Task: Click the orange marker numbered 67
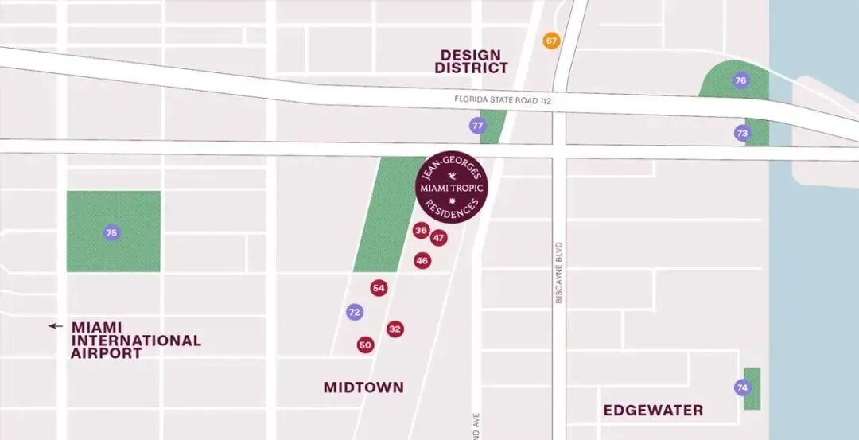coord(551,41)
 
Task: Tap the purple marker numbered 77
coord(477,126)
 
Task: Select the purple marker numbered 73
coord(742,133)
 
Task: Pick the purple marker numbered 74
coord(742,387)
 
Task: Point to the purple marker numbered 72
coord(355,312)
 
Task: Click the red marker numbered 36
coord(422,231)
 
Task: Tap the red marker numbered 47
coord(439,238)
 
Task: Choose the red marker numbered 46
coord(422,260)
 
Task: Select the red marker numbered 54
coord(379,288)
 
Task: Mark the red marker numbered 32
coord(395,329)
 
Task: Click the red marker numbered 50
coord(365,345)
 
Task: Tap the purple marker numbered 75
coord(112,232)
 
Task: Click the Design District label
coord(471,61)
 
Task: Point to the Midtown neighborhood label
coord(363,387)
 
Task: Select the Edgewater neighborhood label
coord(653,411)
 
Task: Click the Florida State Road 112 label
coord(503,101)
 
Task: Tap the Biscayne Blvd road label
coord(559,272)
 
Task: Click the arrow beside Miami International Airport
coord(55,326)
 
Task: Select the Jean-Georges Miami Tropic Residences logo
coord(452,188)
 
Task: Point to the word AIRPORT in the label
coord(106,353)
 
